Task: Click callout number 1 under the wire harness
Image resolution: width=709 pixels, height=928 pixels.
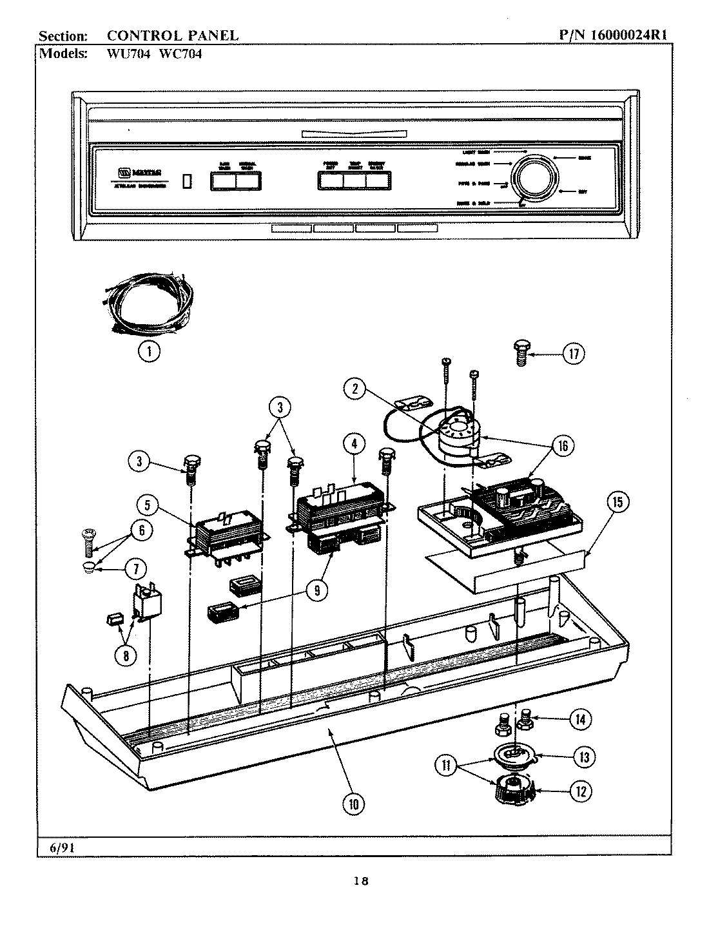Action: pos(150,351)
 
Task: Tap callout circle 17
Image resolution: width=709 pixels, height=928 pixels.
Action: pos(574,353)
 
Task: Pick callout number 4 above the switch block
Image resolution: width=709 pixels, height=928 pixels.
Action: pos(354,443)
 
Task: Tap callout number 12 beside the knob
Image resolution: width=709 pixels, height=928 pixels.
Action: pos(581,791)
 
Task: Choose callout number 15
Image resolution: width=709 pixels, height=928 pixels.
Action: pos(617,503)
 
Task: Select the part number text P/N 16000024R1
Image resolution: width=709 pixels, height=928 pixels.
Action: pos(612,36)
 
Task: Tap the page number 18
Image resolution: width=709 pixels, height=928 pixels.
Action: pos(360,882)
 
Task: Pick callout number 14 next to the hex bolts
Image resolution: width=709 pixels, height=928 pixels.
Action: pos(580,719)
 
